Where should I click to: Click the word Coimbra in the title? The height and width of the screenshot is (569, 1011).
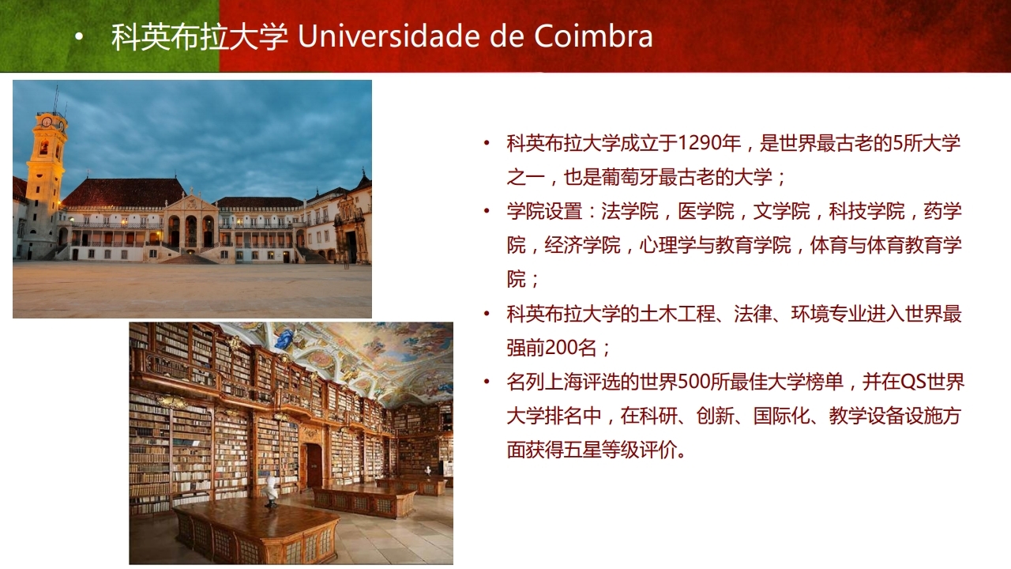tap(593, 36)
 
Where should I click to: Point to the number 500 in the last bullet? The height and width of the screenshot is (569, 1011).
tap(693, 382)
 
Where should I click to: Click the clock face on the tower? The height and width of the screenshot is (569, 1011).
tap(47, 122)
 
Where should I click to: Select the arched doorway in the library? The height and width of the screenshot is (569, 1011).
tap(314, 465)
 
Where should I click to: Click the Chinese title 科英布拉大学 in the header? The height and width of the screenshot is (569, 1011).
tap(200, 36)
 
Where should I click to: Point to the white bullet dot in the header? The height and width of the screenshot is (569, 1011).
tap(80, 38)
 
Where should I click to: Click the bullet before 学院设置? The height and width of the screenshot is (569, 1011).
tap(487, 211)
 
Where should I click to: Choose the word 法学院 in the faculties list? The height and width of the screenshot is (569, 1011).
tap(630, 211)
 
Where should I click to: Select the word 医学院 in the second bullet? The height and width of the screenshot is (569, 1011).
tap(706, 211)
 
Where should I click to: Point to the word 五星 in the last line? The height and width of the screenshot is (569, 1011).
tap(583, 450)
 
